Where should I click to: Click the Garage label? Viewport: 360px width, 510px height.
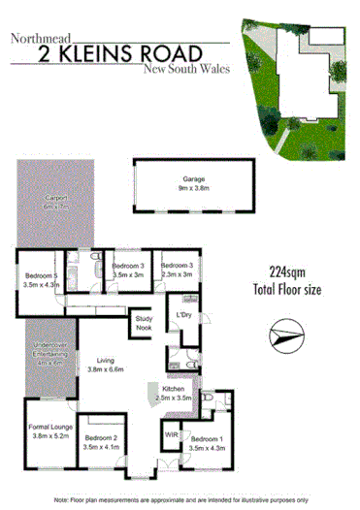tap(194, 179)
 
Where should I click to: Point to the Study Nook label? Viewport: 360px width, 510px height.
tap(145, 323)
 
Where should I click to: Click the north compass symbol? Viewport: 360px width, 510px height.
tap(283, 338)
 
